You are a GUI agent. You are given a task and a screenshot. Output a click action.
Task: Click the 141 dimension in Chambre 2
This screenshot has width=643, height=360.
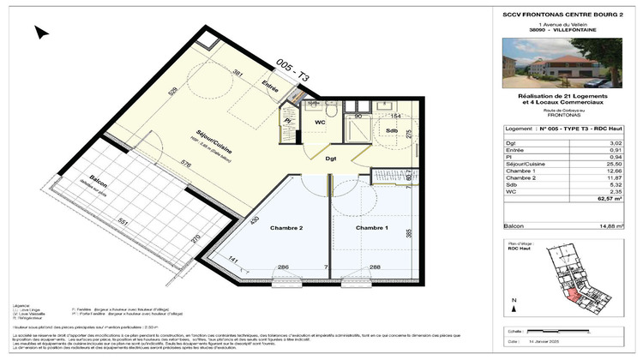[232, 261]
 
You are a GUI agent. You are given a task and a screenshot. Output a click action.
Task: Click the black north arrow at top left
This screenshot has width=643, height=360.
[40, 33]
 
